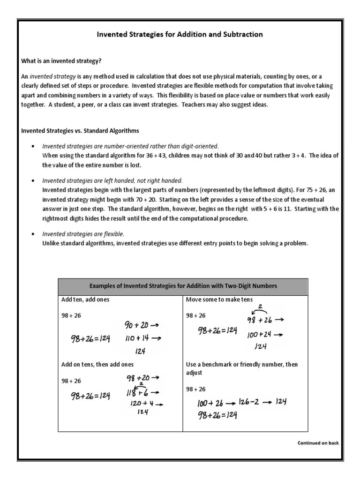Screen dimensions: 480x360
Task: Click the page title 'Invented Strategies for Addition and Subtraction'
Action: pos(180,35)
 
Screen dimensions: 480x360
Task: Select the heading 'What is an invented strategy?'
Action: pos(61,61)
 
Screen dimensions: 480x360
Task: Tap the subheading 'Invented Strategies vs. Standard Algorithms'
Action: pos(80,130)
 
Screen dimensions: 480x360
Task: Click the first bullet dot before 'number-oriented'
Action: pos(32,146)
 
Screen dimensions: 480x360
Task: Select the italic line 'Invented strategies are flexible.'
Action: pos(83,233)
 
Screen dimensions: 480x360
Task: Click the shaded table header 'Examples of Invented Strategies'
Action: pos(183,286)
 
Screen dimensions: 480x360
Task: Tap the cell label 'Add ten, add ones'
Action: pos(85,300)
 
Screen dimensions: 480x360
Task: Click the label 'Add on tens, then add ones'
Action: pos(97,364)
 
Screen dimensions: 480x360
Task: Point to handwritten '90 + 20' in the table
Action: pos(136,325)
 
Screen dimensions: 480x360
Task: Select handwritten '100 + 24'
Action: pos(259,335)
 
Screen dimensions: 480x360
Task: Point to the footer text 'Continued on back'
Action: pos(318,443)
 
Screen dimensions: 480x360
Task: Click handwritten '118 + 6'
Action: pos(135,392)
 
